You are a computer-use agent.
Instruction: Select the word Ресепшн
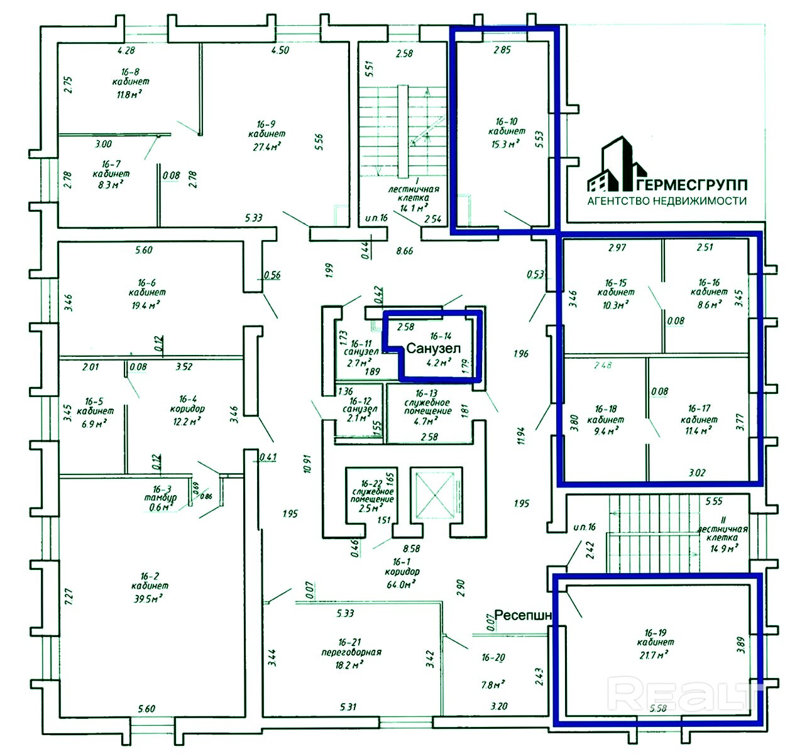click(524, 615)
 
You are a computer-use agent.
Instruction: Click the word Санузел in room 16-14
click(434, 348)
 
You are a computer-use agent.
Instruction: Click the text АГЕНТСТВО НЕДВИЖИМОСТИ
click(667, 201)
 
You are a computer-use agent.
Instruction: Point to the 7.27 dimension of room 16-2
click(69, 596)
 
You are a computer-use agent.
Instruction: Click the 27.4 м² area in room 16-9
click(267, 146)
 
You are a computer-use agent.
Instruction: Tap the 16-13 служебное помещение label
click(427, 402)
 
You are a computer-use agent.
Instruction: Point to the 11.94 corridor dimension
click(520, 435)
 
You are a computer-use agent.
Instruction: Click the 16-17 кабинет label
click(699, 414)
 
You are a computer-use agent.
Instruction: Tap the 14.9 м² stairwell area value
click(722, 548)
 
